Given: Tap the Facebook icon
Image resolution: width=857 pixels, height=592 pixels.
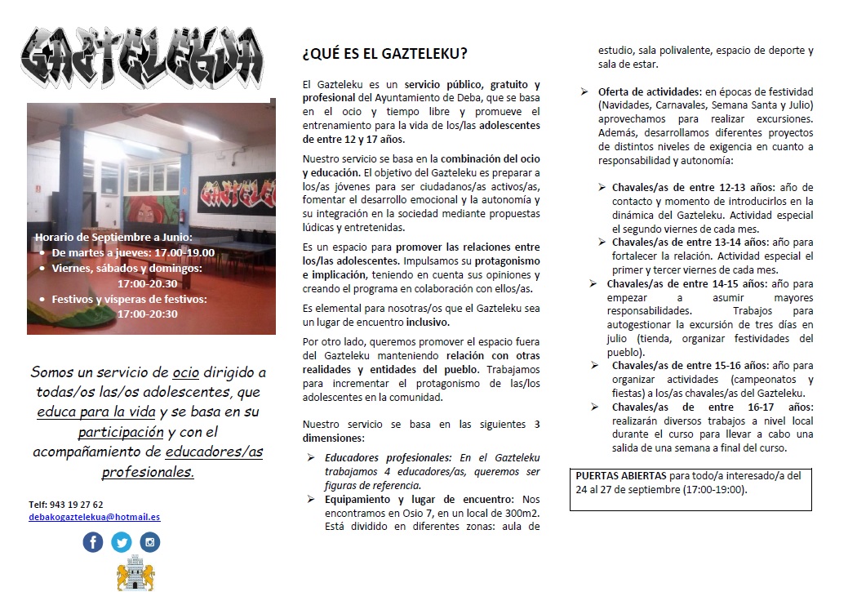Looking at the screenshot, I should (94, 541).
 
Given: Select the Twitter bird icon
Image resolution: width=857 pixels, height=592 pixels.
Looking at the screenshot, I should (122, 541).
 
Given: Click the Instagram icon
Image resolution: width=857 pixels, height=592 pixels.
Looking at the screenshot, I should (149, 541).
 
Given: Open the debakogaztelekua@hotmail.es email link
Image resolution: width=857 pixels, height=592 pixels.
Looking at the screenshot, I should (94, 517).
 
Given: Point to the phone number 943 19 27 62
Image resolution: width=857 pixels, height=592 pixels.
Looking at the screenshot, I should (66, 505).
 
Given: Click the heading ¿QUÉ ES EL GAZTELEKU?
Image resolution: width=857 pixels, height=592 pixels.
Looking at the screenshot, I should (384, 54).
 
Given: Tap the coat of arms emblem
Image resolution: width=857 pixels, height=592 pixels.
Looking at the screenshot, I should (135, 573).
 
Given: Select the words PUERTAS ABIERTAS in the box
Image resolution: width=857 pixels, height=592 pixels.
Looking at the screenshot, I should (620, 475).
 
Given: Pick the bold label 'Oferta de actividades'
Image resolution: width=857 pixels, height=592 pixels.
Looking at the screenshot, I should (649, 91).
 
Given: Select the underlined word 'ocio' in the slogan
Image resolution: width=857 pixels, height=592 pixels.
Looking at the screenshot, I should (185, 372).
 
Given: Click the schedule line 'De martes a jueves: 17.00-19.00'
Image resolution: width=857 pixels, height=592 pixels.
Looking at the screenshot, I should (132, 252).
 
